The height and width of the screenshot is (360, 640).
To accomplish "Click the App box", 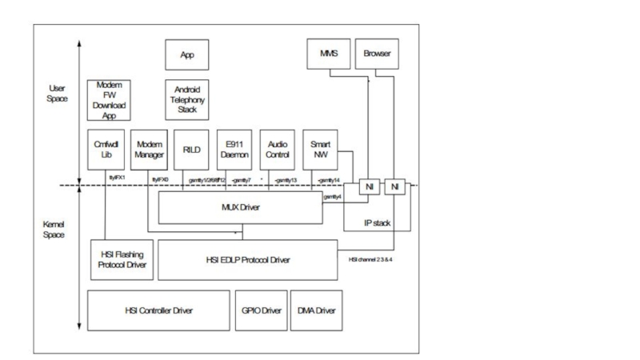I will [188, 55].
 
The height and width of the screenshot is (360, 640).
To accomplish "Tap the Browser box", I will [376, 53].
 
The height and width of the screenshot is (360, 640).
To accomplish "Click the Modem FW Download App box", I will [108, 99].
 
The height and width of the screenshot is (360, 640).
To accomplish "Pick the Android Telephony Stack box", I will [188, 99].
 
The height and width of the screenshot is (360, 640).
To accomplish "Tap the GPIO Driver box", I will [260, 310].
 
